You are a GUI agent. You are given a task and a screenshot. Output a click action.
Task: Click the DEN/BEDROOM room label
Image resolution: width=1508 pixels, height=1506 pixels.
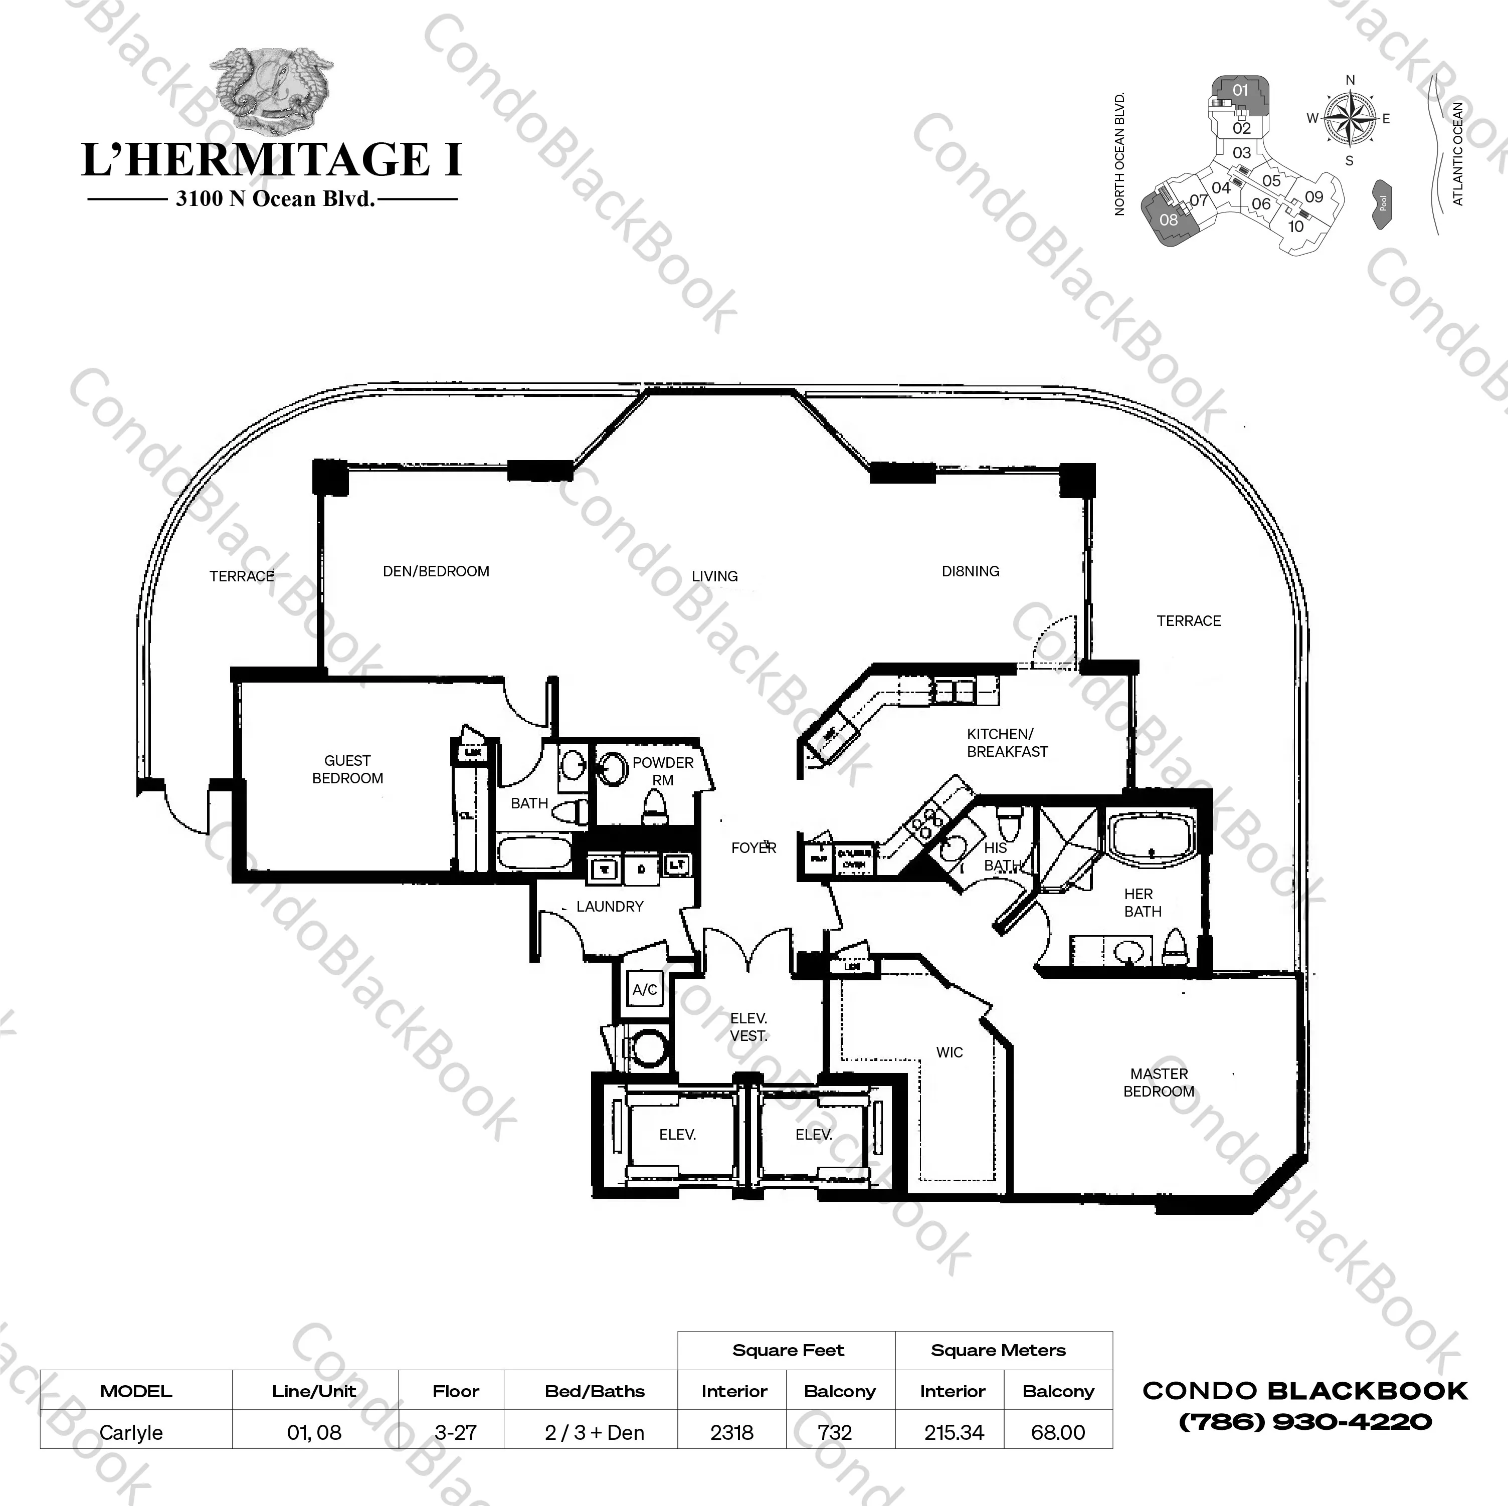coord(436,571)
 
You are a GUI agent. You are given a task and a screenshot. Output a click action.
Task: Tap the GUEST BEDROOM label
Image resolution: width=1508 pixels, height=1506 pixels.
coord(347,769)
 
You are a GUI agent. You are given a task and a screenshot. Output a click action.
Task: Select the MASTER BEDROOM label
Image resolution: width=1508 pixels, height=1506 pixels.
coord(1158,1083)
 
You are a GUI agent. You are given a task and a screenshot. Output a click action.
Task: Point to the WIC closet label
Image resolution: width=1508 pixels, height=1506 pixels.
coord(949,1052)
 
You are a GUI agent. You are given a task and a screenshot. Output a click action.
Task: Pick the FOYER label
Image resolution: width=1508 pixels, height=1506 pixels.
coord(753,848)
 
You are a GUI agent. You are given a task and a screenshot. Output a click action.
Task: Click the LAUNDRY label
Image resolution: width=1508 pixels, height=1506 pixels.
coord(610,907)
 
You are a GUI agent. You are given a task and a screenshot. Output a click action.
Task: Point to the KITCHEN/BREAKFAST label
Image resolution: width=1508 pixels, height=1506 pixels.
coord(1006,743)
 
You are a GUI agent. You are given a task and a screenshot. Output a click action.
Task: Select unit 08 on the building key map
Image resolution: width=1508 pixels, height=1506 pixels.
coord(1168,220)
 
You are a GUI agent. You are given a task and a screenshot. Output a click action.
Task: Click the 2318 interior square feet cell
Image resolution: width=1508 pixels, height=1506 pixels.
coord(732,1433)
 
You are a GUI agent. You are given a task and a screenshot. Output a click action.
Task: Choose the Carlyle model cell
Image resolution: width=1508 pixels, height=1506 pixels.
coord(132,1433)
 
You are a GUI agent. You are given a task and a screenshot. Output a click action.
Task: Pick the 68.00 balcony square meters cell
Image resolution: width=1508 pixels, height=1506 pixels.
coord(1058,1433)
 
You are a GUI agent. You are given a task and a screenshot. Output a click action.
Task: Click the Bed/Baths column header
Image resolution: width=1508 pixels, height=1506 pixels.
coord(594,1391)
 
